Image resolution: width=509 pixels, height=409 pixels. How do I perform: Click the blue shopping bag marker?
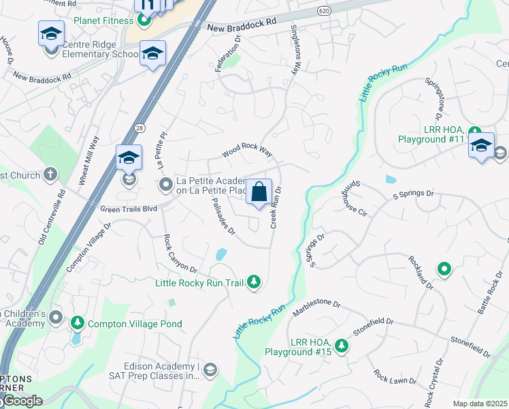coord(259,192)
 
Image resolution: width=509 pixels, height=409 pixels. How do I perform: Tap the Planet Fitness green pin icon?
coord(144,20)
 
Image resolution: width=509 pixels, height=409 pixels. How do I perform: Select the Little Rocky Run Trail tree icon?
coord(254,282)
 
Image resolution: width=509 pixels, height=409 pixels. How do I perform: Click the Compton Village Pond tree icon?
coord(78,322)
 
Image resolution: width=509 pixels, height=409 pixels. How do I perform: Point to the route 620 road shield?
coord(323,11)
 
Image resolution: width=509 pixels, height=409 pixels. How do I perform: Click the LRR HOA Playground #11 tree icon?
coord(475,138)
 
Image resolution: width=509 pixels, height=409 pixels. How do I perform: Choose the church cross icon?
coord(50,175)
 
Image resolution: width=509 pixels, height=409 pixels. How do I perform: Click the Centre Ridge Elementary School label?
coord(100,54)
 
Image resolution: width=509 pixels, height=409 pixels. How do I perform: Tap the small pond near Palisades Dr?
coord(220,254)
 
